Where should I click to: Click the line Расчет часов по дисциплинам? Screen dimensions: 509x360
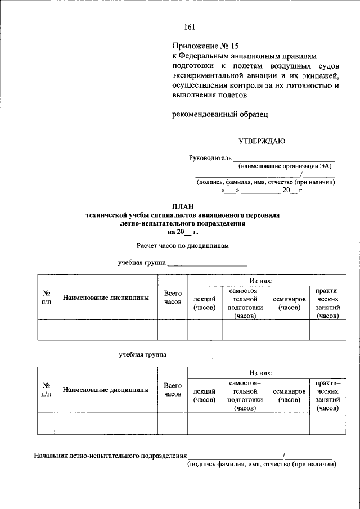click(x=182, y=246)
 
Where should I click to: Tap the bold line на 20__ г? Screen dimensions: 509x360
click(x=182, y=232)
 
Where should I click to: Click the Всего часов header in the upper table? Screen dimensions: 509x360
click(x=173, y=298)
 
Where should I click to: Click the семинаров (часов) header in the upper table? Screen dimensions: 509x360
click(x=289, y=303)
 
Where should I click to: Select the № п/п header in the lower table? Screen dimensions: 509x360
click(x=46, y=390)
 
